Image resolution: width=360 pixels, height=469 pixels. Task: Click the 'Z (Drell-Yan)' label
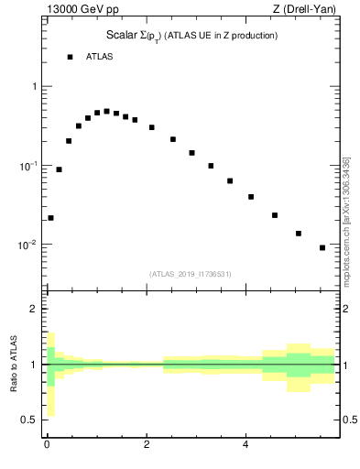click(310, 10)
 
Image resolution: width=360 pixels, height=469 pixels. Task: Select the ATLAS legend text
click(101, 57)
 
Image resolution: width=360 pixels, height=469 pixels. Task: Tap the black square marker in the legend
click(70, 57)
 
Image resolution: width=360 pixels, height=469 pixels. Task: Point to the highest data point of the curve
click(106, 111)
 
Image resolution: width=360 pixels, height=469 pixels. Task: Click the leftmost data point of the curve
click(50, 218)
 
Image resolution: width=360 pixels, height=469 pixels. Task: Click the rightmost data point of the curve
click(322, 247)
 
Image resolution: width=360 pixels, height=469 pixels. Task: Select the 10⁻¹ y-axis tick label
click(30, 166)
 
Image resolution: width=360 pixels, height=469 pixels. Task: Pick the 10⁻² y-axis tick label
click(30, 245)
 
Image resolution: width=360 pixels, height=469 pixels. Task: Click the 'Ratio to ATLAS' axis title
click(13, 365)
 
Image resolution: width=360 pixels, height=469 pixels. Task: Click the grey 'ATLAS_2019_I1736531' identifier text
click(191, 274)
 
